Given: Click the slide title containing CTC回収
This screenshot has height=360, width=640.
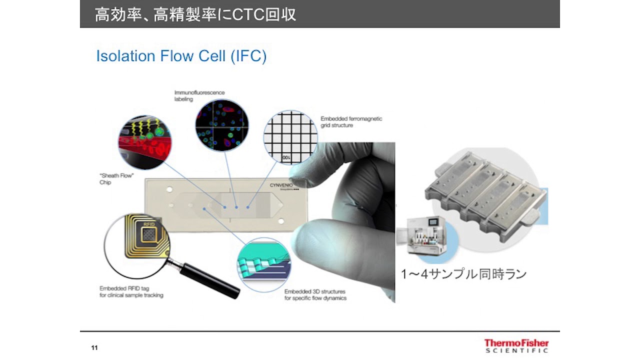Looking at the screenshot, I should coord(195,14).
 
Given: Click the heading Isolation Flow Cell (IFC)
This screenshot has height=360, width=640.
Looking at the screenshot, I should coord(181,56).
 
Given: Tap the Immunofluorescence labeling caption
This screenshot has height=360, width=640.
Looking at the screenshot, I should coord(199,96).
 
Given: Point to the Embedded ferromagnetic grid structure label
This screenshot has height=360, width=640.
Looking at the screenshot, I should coord(351,122).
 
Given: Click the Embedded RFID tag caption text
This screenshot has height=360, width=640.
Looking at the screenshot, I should coord(131,291).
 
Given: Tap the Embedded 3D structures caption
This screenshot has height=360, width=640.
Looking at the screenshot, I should coord(315,294).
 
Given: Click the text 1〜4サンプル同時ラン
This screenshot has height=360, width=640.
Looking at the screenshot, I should coord(463,274).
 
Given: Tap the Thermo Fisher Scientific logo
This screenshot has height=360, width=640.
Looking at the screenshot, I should coord(516,345).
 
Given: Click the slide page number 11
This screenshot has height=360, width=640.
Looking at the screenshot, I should coord(94,347).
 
